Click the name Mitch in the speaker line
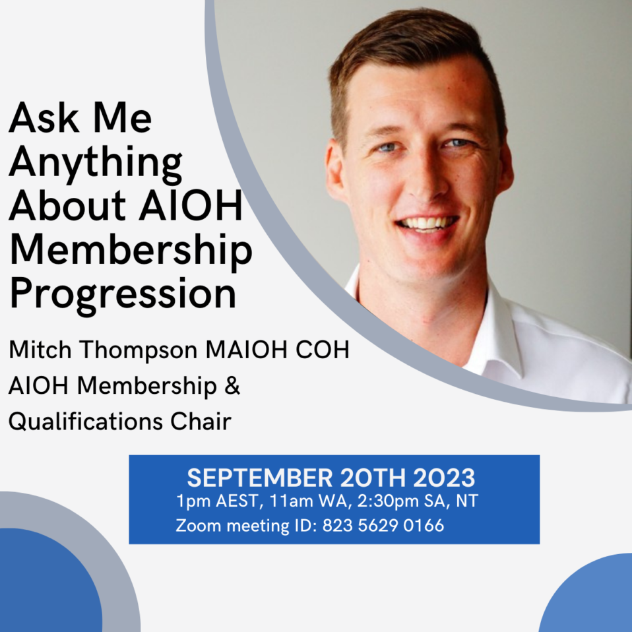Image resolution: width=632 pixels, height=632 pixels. pyautogui.click(x=35, y=350)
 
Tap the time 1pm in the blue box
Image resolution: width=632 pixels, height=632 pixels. pyautogui.click(x=191, y=501)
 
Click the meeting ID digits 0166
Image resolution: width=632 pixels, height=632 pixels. pyautogui.click(x=424, y=526)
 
